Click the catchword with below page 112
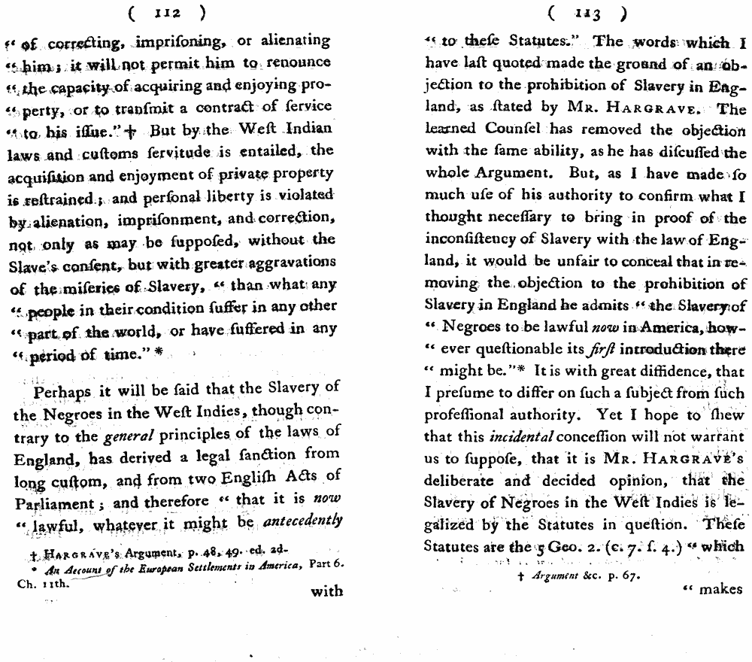(326, 591)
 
